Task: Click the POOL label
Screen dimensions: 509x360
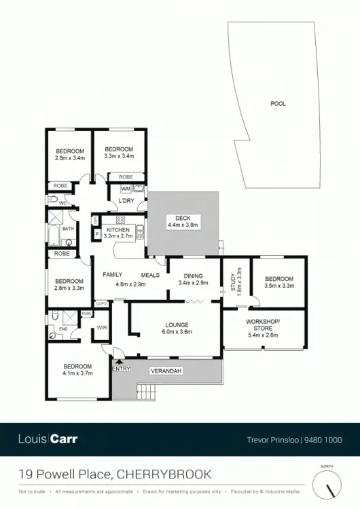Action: click(x=278, y=104)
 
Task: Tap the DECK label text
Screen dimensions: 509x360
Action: click(x=183, y=218)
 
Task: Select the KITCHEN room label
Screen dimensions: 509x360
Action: click(x=118, y=231)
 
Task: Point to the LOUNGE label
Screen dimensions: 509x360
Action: click(x=176, y=324)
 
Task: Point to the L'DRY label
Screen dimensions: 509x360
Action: click(x=126, y=202)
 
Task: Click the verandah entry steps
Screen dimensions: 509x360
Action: click(x=147, y=392)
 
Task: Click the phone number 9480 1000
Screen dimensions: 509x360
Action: click(x=323, y=439)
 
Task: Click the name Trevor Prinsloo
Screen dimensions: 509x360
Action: click(x=275, y=439)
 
